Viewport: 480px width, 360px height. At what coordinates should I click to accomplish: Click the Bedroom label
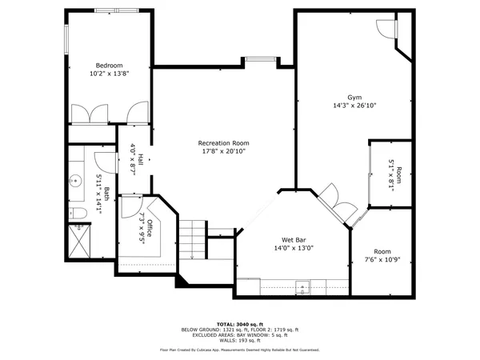tap(109, 65)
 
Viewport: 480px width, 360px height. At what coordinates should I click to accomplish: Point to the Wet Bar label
tap(294, 239)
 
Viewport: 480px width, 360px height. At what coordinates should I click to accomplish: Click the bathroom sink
tap(76, 180)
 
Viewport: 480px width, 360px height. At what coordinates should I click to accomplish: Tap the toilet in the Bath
tap(76, 213)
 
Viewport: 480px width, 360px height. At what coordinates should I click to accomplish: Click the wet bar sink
tap(303, 286)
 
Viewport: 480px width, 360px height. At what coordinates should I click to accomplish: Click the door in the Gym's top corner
tap(386, 29)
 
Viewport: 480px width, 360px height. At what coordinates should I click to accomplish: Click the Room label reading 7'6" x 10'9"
tap(382, 256)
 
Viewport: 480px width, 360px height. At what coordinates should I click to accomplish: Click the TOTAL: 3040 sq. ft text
tap(239, 323)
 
